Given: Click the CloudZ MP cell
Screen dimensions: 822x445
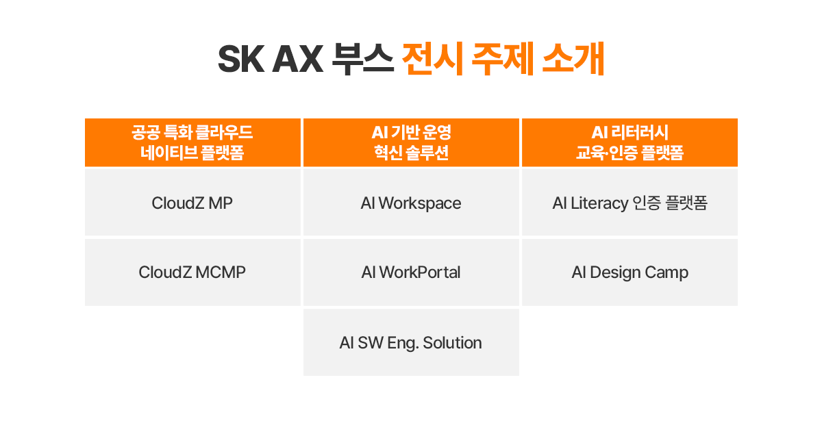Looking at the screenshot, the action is (x=192, y=202).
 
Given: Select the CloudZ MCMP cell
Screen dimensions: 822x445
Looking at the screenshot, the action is (x=192, y=272).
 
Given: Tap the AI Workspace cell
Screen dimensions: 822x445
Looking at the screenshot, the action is (x=411, y=202).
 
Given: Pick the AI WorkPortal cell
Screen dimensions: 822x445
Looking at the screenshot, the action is (x=411, y=272).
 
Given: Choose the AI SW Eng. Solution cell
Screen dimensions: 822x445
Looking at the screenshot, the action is (x=411, y=342).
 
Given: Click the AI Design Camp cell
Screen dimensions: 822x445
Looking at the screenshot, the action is (x=630, y=272).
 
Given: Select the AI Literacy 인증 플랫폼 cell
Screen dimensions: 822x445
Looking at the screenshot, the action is (x=630, y=202).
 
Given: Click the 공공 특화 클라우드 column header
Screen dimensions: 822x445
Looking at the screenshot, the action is (x=192, y=142).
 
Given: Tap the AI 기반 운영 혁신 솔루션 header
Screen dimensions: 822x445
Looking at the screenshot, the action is (x=411, y=142).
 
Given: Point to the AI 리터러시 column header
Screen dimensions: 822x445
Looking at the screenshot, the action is (x=630, y=142).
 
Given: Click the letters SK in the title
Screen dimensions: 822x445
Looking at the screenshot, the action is (x=241, y=60).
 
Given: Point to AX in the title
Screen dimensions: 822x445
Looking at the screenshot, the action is (x=297, y=60).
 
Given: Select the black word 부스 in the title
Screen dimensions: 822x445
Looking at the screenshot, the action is (x=363, y=59).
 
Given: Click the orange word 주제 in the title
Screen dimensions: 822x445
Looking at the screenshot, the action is (x=502, y=59).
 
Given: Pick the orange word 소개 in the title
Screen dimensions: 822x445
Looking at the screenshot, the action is (x=573, y=59).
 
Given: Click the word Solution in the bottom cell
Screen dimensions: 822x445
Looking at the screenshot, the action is (x=452, y=342).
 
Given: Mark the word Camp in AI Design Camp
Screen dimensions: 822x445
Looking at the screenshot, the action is (x=667, y=273).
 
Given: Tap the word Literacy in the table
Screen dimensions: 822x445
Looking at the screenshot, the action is (x=599, y=203).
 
